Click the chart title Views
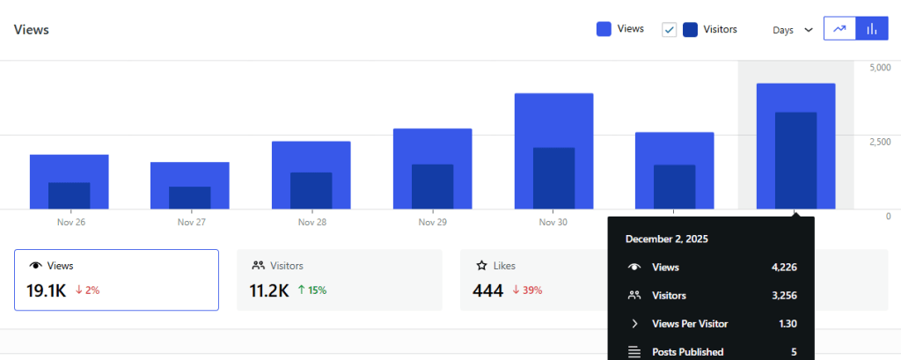32,29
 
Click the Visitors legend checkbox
669,29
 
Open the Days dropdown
792,29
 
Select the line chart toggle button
839,29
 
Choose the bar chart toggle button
871,29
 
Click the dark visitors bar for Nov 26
69,195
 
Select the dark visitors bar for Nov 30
553,178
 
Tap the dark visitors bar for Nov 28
311,190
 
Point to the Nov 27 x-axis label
191,223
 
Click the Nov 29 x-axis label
433,223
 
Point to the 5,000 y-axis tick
880,68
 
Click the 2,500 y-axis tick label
880,142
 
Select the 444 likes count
487,290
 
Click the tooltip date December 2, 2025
666,239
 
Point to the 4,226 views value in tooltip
781,267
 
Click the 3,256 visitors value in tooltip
781,296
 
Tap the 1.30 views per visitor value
787,324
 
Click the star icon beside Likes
481,265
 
